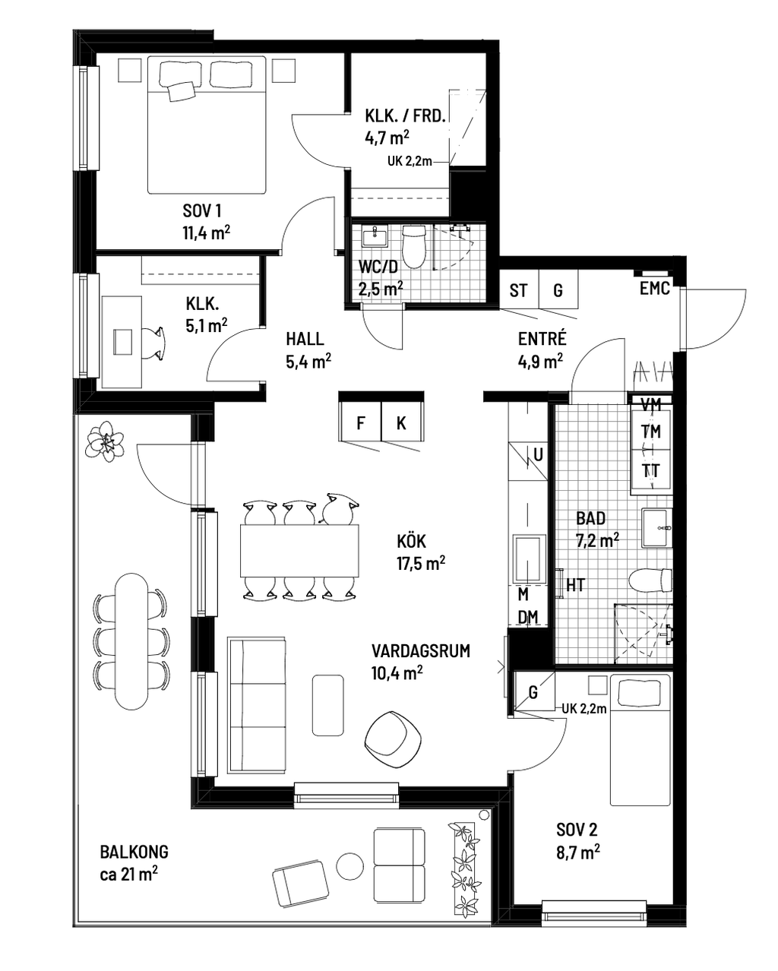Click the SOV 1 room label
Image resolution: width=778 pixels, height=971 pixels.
202,210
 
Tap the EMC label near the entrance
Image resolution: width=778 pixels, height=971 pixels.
654,289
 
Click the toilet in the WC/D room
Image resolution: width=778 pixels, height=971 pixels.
414,246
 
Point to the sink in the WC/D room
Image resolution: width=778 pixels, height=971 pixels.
375,236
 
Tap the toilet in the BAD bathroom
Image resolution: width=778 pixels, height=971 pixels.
650,580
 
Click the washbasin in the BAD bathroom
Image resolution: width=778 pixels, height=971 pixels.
657,527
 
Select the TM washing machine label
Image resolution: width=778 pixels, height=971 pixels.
651,432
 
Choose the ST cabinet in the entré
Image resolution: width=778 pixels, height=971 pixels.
519,289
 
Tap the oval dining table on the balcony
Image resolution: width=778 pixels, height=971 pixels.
131,641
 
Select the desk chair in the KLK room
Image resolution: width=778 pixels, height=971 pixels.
153,343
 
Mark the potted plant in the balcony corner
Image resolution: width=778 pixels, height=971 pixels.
106,441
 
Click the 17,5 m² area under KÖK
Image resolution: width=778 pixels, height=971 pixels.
421,564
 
